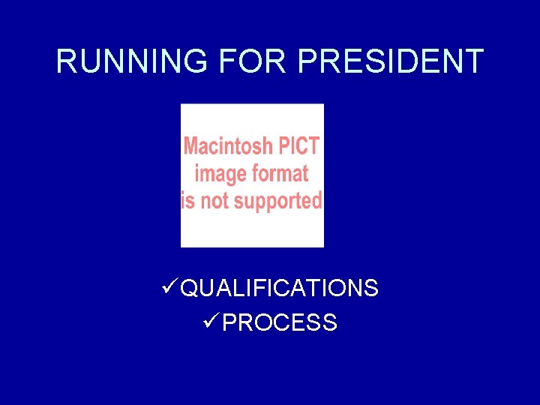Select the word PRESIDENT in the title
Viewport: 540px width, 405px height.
coord(390,61)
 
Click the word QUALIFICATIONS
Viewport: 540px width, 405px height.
coord(280,288)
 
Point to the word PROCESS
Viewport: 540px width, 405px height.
coord(280,323)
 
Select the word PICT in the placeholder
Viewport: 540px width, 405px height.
coord(300,146)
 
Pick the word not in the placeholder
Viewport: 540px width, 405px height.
coord(214,201)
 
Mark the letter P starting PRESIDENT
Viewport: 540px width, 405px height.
coord(307,61)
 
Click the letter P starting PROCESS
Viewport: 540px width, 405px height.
coord(231,323)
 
